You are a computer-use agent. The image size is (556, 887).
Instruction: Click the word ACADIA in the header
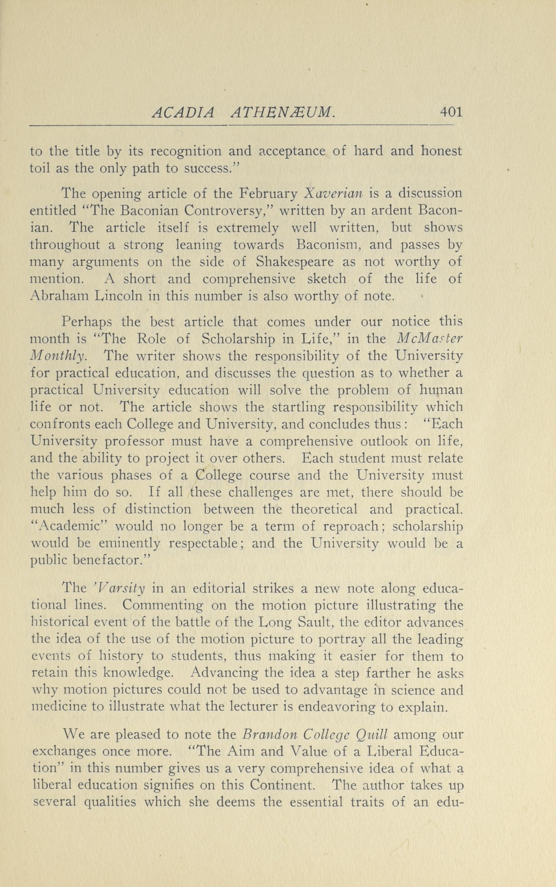click(x=182, y=113)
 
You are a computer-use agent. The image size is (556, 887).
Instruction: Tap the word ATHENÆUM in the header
click(x=282, y=113)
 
